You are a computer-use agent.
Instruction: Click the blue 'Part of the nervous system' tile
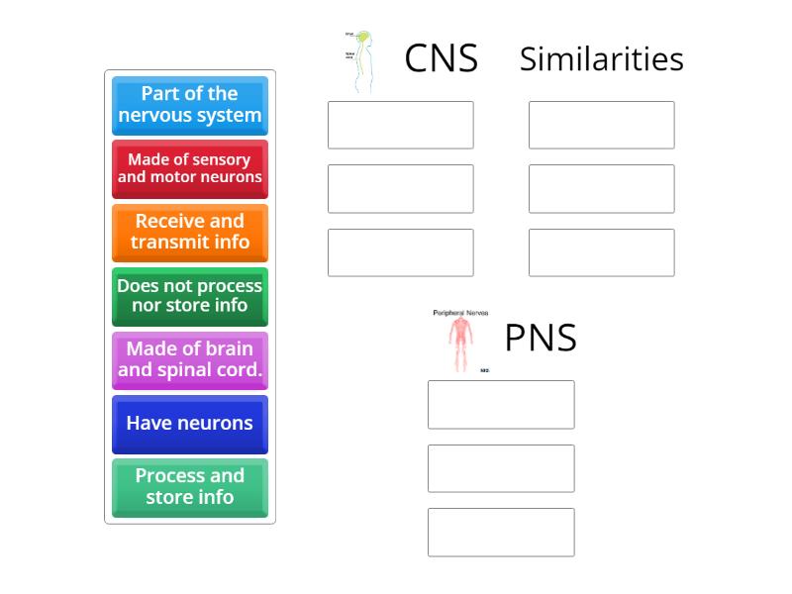[x=189, y=105]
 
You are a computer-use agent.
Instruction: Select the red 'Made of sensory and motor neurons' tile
[x=189, y=168]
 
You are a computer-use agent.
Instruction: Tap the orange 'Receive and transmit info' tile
[x=189, y=232]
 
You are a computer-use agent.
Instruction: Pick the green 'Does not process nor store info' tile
[x=189, y=296]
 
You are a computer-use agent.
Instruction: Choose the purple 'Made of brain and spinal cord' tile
[x=189, y=359]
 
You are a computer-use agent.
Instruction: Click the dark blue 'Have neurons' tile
[x=189, y=424]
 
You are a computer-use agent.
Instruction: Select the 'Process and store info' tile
[x=189, y=487]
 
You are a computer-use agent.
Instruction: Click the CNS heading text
[x=441, y=59]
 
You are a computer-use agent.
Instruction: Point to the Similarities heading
[x=601, y=59]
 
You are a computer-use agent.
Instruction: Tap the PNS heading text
[x=541, y=339]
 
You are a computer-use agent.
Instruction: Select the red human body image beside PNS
[x=460, y=341]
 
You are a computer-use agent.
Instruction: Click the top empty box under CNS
[x=401, y=125]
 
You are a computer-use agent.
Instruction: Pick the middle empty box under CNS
[x=401, y=188]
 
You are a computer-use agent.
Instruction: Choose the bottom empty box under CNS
[x=401, y=252]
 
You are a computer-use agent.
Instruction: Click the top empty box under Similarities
[x=601, y=125]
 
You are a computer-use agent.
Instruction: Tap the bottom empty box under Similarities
[x=601, y=252]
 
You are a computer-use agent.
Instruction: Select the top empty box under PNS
[x=501, y=404]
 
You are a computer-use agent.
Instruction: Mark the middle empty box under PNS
[x=501, y=468]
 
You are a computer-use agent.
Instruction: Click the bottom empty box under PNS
[x=501, y=532]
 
